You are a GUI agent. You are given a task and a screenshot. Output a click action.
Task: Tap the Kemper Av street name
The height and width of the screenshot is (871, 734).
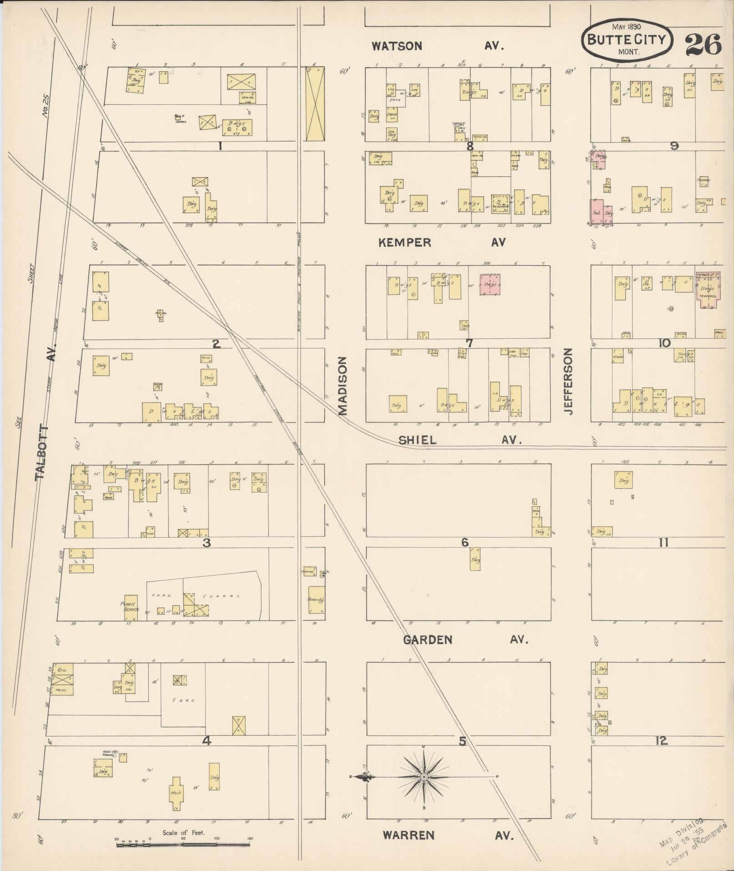[442, 243]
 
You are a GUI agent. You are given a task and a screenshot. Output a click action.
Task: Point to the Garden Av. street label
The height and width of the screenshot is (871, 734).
[465, 640]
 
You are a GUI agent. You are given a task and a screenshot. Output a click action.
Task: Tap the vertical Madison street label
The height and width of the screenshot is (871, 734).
[343, 386]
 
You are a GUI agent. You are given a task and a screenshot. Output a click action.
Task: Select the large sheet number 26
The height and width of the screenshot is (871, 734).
[703, 45]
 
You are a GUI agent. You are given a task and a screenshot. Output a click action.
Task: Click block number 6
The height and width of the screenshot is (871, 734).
[465, 542]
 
